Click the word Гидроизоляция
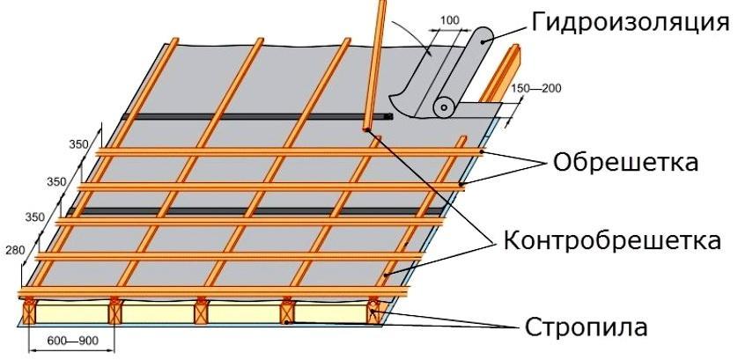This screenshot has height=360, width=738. coord(630,23)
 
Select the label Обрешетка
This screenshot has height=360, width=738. coord(625,162)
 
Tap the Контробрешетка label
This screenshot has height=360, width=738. coord(612,239)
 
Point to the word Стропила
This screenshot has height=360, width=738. coord(586,327)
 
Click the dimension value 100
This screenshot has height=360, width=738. coord(450,21)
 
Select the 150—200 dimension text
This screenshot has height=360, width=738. coord(536,88)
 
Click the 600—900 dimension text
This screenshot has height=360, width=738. coord(72,341)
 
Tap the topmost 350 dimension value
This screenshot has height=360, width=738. coord(78,144)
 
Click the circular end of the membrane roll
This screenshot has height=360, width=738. coord(444,107)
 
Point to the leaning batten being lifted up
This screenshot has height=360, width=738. coord(375,65)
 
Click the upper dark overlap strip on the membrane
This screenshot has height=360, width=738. coord(257,116)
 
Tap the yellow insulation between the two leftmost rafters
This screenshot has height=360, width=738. coord(72,313)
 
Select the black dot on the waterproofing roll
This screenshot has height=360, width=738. coord(483,41)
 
